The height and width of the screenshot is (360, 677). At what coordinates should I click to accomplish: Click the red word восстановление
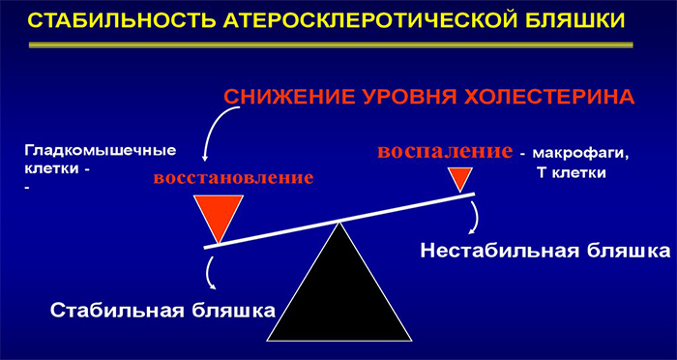coord(233,178)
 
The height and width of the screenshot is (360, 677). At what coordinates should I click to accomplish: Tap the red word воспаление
coord(443,152)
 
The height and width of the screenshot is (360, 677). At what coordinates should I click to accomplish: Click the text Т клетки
coord(571,174)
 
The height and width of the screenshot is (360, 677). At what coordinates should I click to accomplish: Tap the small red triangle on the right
coord(459,178)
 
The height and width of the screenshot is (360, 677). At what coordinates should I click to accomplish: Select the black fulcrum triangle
coord(338,290)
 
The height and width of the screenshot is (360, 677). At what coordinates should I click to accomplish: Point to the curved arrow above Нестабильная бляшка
coord(473,219)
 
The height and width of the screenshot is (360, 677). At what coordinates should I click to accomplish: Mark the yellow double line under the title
coord(338,45)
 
